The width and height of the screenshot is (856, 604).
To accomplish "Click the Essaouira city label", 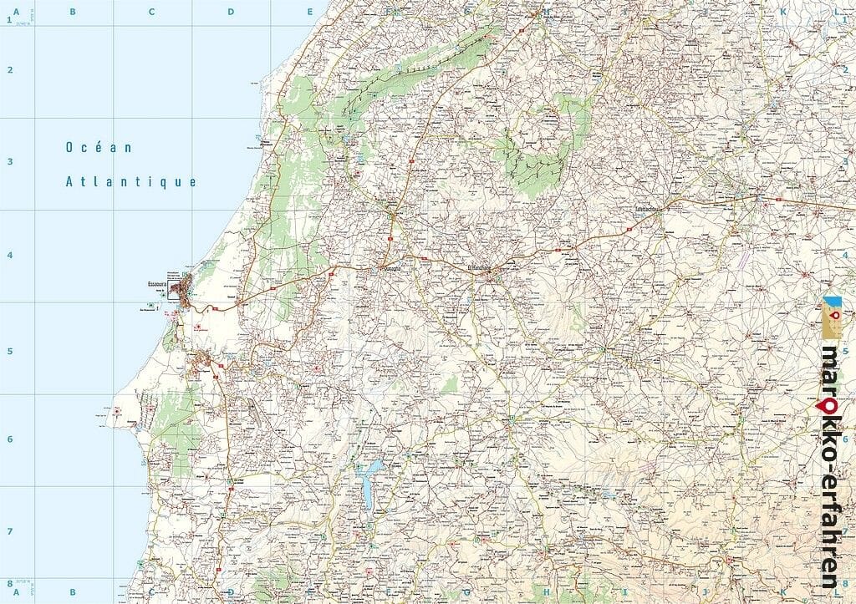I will pos(158,282).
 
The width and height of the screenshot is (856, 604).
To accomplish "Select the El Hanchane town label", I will pos(482,266).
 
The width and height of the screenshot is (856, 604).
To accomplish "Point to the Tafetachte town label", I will pos(647,210).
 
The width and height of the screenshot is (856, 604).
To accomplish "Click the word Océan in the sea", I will pos(99,148).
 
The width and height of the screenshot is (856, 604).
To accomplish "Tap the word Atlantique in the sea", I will pos(131,181).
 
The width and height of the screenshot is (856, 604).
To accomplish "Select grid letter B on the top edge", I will pos(73,12).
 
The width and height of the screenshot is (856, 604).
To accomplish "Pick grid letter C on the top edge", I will pos(151,12).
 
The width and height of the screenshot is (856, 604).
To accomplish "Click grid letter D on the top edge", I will pos(231,12).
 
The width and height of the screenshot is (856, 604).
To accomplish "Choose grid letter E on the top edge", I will pos(309,12).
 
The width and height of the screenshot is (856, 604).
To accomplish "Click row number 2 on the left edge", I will pos(11,70).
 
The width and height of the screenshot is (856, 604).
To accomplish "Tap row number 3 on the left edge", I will pos(11,162).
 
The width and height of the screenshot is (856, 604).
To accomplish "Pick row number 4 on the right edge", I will pos(846,255).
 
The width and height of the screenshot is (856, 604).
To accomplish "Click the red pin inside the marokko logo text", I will pos(830,405).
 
